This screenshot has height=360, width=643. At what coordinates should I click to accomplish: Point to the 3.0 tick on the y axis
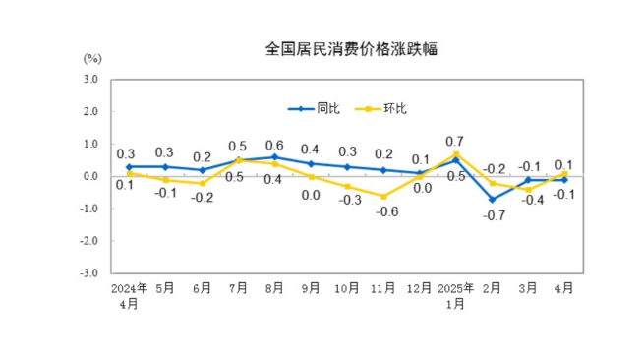tap(92, 80)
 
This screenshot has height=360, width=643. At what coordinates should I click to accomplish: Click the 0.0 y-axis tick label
tap(92, 177)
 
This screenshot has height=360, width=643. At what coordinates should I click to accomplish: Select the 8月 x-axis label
tap(274, 289)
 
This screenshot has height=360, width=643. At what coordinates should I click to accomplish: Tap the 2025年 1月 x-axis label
tap(456, 296)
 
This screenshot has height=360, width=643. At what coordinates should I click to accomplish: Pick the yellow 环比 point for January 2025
tap(456, 154)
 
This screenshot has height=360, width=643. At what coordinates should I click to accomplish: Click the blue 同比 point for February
tap(493, 200)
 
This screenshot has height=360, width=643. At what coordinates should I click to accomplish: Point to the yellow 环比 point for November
tap(383, 197)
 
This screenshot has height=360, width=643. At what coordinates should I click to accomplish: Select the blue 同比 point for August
tap(274, 157)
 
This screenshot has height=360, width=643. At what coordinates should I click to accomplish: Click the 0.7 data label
tap(455, 141)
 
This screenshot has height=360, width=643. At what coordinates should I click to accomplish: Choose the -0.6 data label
tap(384, 211)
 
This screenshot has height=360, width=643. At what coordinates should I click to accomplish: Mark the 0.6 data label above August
tap(274, 145)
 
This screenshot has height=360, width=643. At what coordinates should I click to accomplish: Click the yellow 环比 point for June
tap(202, 184)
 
